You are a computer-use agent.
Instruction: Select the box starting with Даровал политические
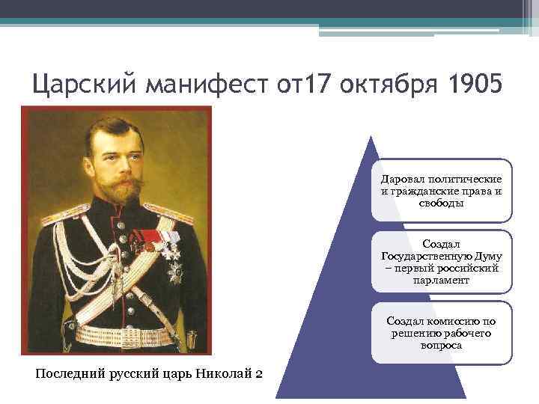441,191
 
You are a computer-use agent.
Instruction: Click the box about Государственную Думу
441,262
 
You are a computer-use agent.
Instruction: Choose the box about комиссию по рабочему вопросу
441,333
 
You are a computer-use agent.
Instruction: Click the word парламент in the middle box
441,280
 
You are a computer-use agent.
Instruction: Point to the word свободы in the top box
441,203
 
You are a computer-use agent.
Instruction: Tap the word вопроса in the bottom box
441,346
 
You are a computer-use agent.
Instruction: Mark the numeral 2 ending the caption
258,373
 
